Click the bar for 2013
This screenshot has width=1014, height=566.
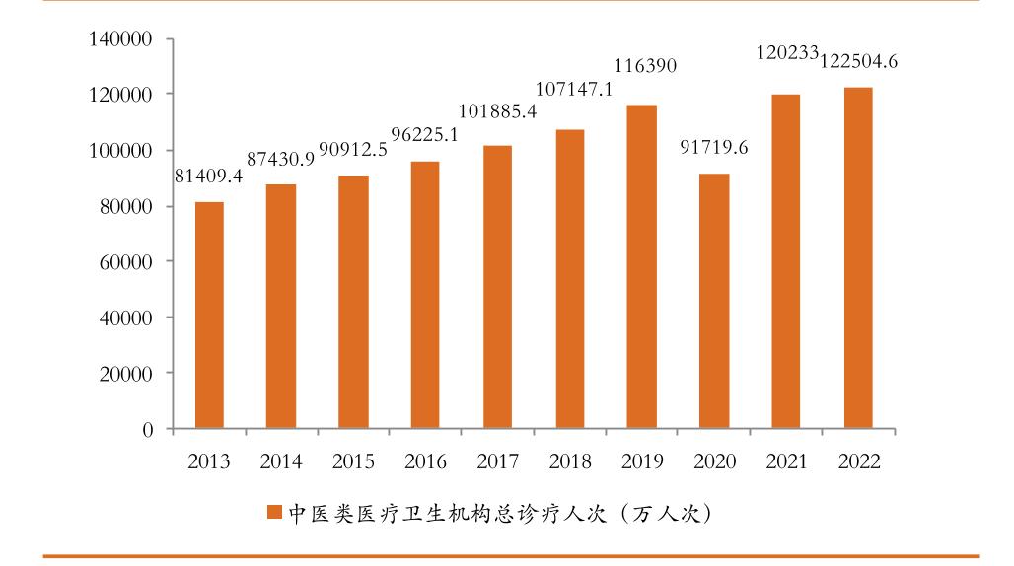click(x=209, y=316)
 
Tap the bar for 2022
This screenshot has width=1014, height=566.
click(x=857, y=258)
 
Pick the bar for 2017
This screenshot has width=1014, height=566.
click(x=497, y=287)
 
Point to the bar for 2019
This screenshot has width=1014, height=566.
click(x=641, y=266)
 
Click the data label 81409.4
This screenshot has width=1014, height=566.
click(x=209, y=177)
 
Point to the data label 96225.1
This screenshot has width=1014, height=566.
click(x=425, y=135)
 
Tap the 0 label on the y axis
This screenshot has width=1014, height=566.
click(x=148, y=430)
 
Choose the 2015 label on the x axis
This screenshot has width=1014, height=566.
click(x=353, y=461)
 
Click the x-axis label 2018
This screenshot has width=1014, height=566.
click(x=569, y=461)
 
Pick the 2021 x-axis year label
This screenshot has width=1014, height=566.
click(x=785, y=461)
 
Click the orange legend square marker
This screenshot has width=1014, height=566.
click(x=274, y=513)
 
